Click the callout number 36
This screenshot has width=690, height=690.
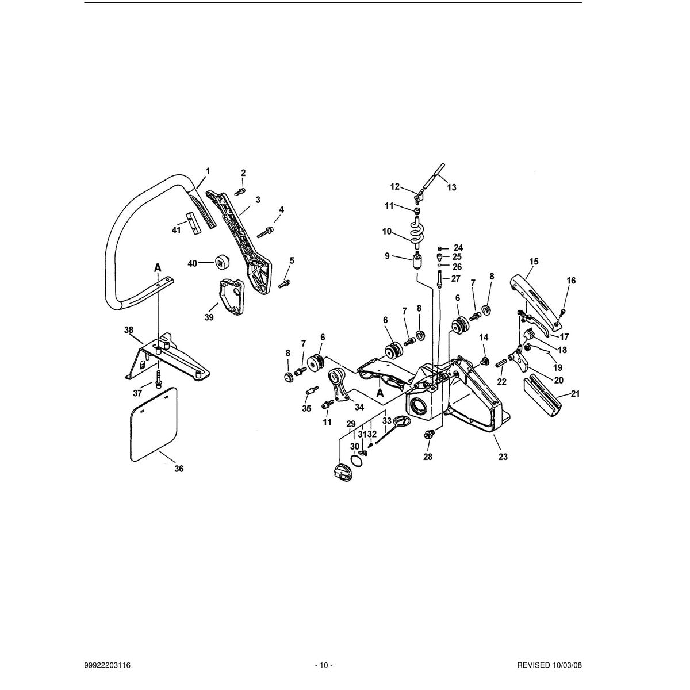pos(179,469)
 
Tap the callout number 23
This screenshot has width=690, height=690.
pos(503,457)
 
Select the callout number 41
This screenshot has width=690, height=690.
pos(176,230)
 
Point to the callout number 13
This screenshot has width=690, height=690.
pos(452,187)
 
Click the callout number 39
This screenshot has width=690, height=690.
pos(209,317)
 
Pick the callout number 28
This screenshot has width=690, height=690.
pos(428,457)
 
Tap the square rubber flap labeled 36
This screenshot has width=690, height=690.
pos(154,424)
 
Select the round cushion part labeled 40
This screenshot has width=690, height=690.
pos(223,262)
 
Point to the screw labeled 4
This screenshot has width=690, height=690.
pos(265,232)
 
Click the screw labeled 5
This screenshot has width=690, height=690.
pos(284,284)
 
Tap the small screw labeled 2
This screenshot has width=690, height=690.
pos(240,192)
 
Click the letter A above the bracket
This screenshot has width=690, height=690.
pos(158,267)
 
